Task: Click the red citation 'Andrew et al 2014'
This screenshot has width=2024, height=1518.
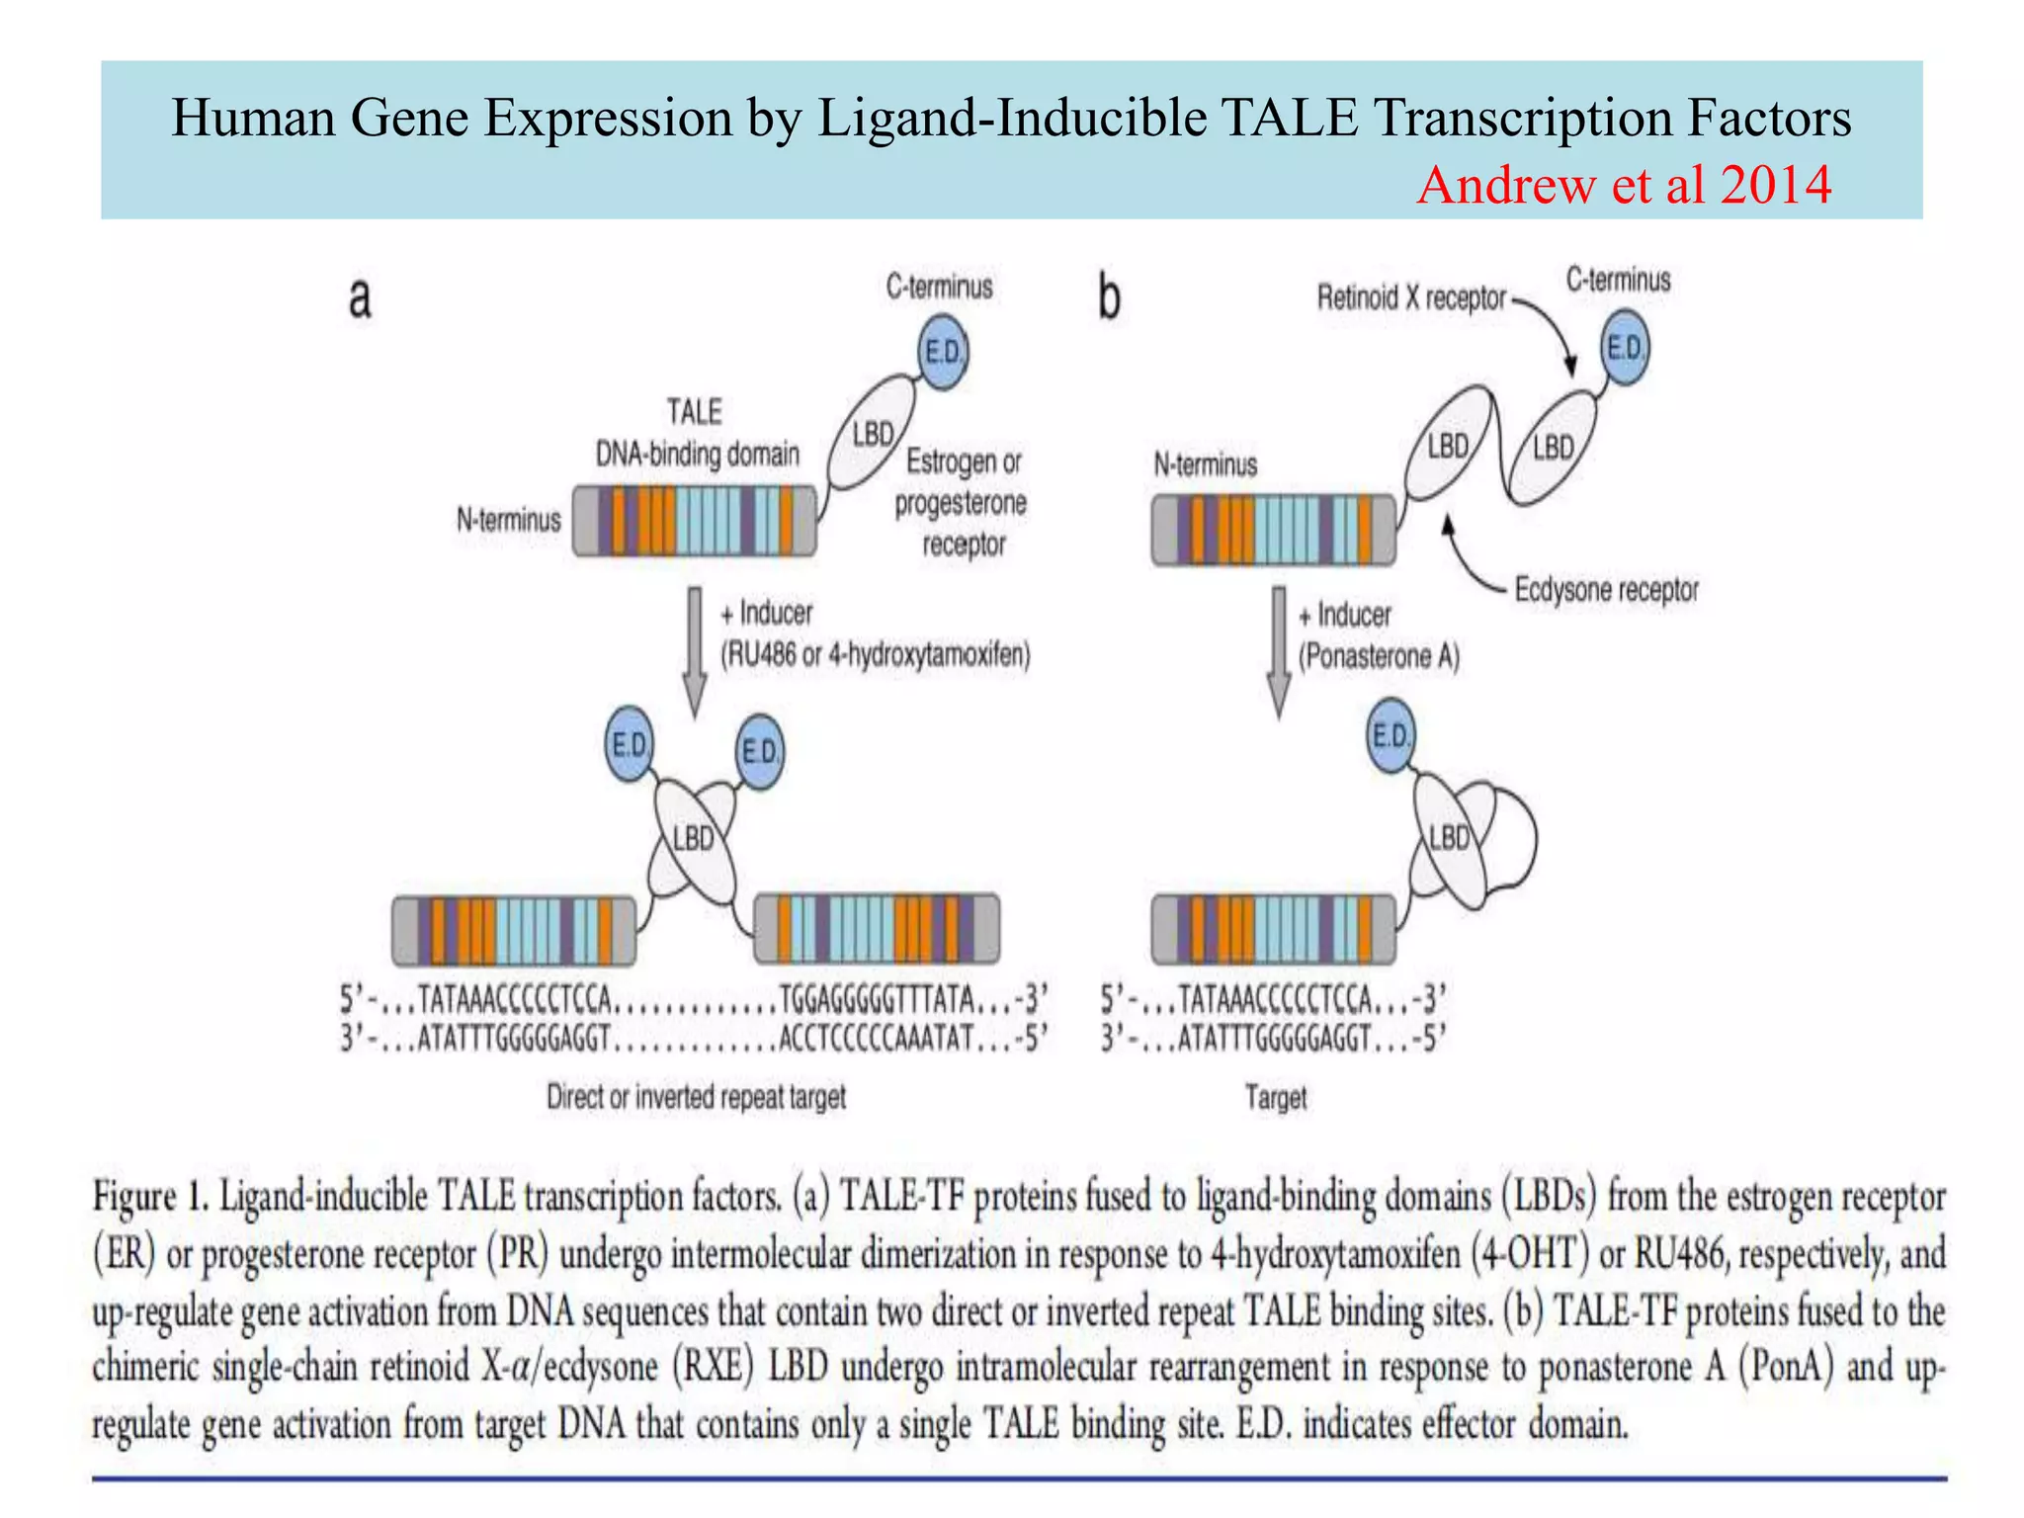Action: click(1624, 186)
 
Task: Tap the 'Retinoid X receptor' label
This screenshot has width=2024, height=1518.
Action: click(1411, 297)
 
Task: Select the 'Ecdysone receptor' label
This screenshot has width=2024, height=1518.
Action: click(1606, 590)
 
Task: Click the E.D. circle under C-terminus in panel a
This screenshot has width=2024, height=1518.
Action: click(944, 353)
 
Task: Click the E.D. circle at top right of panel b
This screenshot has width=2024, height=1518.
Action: click(1625, 348)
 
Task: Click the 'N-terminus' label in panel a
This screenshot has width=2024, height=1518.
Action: click(508, 520)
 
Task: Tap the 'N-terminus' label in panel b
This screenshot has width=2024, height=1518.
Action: click(1206, 464)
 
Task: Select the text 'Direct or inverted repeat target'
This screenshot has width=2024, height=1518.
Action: click(697, 1097)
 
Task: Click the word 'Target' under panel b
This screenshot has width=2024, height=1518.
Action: click(1276, 1097)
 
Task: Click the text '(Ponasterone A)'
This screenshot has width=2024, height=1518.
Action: click(1379, 656)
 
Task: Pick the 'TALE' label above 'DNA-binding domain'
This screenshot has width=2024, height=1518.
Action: click(694, 411)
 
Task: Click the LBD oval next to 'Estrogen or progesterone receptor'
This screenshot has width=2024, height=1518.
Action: click(872, 435)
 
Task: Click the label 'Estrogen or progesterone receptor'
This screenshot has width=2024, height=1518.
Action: click(962, 502)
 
